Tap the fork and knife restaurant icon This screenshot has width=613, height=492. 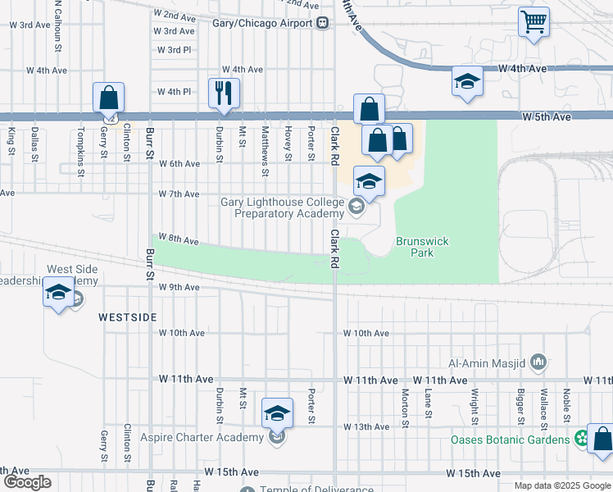coord(224,93)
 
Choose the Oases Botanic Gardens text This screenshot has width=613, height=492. coord(510,440)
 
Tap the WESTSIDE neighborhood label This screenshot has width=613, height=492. coord(126,316)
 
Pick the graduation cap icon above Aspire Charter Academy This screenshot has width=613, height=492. coord(277,412)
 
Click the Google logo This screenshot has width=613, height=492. coord(26,482)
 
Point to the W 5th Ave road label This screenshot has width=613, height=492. coord(546,117)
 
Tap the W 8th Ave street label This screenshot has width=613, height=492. coord(179,240)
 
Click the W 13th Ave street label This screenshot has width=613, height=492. coord(366,427)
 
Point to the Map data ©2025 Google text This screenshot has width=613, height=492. coord(561,485)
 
